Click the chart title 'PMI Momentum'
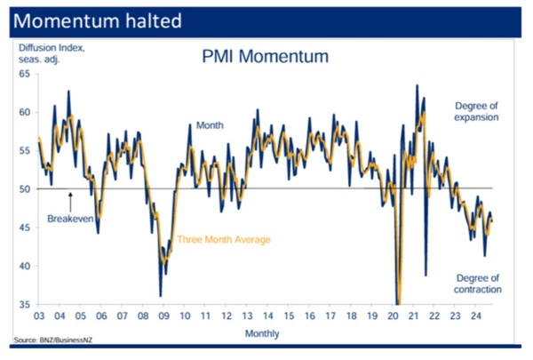click(265, 57)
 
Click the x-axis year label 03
click(40, 315)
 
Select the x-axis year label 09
click(165, 315)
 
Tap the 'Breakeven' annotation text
click(69, 216)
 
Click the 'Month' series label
click(210, 126)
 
